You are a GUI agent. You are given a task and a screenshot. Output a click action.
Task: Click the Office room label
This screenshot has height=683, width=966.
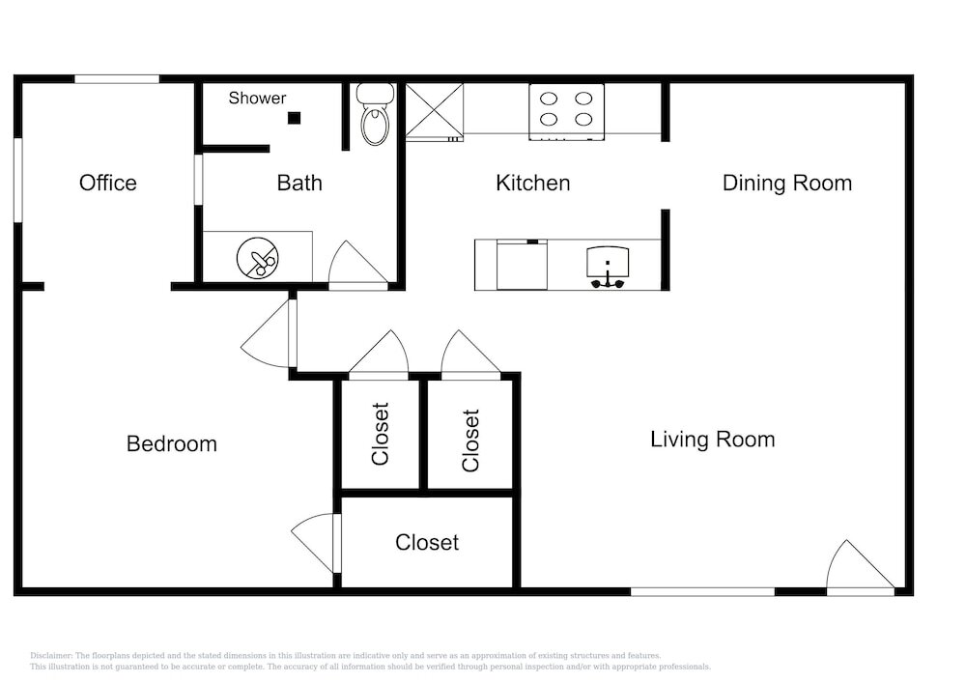[x=108, y=183]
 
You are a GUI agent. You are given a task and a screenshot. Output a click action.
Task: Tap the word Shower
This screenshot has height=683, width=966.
[x=258, y=98]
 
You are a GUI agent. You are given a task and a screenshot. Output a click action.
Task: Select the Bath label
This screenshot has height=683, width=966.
[x=299, y=183]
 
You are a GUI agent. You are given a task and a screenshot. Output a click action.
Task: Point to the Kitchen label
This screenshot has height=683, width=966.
[x=533, y=183]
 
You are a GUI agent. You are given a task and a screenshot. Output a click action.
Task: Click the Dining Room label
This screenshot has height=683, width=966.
[x=787, y=183]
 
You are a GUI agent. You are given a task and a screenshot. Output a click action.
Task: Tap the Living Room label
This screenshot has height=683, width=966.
[x=713, y=440]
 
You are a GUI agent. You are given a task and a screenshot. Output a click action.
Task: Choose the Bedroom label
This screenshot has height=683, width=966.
[x=172, y=444]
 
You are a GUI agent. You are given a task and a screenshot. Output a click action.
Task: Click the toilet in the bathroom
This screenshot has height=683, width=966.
[x=375, y=114]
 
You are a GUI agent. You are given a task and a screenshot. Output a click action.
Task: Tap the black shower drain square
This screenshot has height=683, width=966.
[x=295, y=118]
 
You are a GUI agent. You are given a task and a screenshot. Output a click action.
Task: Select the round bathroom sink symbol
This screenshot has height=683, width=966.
[x=258, y=258]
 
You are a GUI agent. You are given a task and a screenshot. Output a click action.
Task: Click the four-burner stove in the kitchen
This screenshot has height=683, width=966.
[x=567, y=111]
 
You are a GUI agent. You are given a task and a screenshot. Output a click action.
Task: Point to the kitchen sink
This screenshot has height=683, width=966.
[x=608, y=268]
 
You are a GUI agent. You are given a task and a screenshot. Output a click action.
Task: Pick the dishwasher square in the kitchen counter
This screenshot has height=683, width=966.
[x=523, y=265]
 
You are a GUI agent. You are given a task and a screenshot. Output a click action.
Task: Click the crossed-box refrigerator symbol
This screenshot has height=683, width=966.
[x=435, y=112]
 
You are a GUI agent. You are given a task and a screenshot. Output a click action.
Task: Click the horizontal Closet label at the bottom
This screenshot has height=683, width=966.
[x=427, y=543]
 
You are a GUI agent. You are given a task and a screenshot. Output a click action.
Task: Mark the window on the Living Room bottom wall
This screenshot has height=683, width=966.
[x=702, y=592]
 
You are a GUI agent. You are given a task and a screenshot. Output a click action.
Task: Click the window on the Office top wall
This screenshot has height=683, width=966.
[x=117, y=79]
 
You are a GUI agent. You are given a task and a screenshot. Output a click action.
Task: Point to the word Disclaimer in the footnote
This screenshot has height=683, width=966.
[x=51, y=656]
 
